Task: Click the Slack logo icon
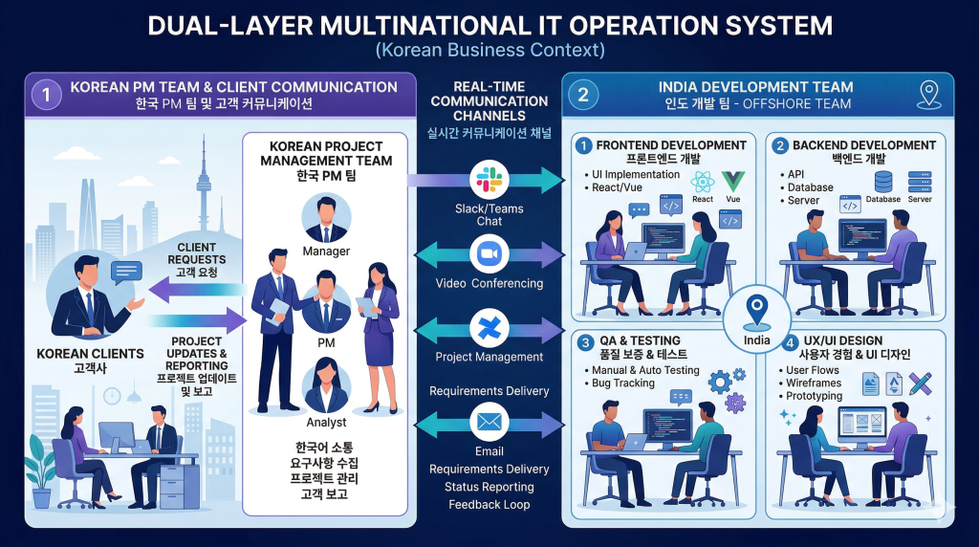coord(489,180)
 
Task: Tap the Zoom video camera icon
coord(489,255)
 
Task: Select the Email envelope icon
coord(489,422)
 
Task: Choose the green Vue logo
coord(733,181)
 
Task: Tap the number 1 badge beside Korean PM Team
coord(43,94)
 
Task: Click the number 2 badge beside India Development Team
coord(583,94)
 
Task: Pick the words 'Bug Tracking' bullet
coord(624,383)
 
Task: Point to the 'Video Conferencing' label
coord(489,283)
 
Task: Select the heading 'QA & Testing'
coord(638,340)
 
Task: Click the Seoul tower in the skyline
coord(203,182)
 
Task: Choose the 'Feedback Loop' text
coord(489,504)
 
